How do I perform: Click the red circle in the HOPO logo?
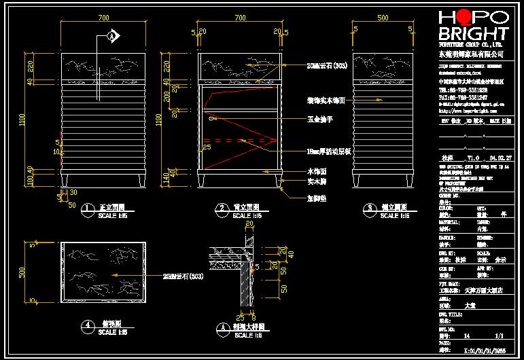click(x=464, y=17)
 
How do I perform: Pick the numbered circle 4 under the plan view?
click(x=86, y=325)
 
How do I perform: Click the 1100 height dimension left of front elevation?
click(x=24, y=119)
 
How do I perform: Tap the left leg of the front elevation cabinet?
click(x=65, y=181)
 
